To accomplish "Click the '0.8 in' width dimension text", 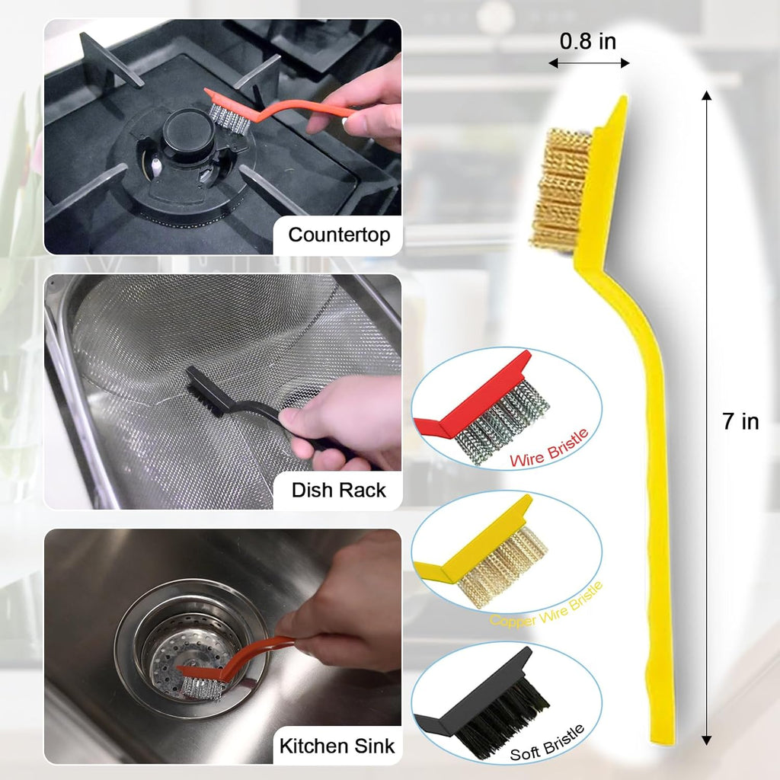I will click(588, 41).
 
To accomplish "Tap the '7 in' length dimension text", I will click(740, 422).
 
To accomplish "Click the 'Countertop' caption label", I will click(339, 235).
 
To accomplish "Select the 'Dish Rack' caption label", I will click(339, 490).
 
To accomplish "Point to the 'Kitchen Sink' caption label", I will click(337, 745).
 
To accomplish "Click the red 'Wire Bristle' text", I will click(548, 449).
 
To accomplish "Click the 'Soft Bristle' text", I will click(547, 743).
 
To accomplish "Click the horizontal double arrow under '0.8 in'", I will click(589, 63).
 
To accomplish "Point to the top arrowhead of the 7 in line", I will click(707, 96).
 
